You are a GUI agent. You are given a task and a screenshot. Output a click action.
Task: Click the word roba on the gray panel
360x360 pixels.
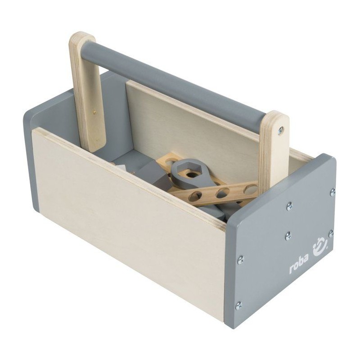pos(298,267)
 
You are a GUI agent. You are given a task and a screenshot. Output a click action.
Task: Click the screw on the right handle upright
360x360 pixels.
pos(280,130)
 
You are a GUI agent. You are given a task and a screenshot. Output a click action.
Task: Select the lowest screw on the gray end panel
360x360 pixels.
pos(238,306)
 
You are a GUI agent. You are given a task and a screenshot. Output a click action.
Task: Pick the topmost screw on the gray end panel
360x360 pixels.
pos(333,192)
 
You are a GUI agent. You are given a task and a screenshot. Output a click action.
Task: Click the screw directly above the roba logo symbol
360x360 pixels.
pos(331,234)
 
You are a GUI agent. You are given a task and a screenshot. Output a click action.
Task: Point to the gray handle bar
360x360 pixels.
pos(174,82)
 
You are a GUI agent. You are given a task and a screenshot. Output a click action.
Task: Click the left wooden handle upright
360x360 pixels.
pos(87,92)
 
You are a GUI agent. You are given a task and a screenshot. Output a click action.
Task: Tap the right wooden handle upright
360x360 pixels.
pos(274,149)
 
